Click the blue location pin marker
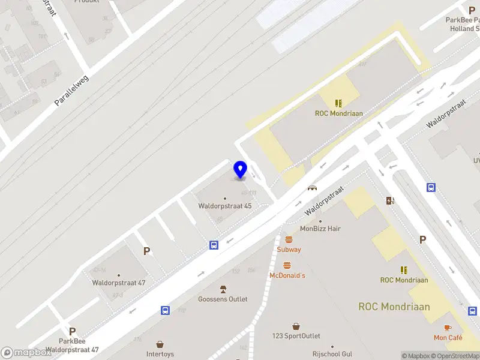240,169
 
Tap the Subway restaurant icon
289,240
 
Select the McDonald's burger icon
287,266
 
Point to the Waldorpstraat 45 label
225,206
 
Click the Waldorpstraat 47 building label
118,282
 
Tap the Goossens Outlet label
223,299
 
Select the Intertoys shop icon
160,344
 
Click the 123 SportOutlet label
296,336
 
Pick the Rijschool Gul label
331,354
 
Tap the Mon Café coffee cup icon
448,328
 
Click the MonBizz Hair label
320,229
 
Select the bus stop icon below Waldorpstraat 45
214,245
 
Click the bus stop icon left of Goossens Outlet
165,310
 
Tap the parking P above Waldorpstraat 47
146,251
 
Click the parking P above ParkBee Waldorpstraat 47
72,331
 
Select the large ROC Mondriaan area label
394,307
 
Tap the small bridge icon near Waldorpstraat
312,187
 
